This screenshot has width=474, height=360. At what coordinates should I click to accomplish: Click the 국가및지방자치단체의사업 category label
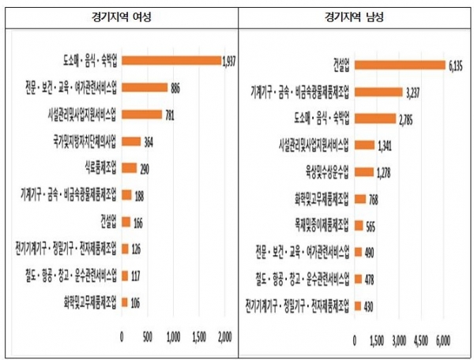[x=83, y=142]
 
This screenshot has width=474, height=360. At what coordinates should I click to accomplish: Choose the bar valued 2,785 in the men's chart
[x=375, y=118]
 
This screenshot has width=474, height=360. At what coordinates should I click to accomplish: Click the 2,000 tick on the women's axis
[x=224, y=337]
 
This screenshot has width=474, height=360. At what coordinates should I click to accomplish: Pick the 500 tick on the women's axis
[x=148, y=337]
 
